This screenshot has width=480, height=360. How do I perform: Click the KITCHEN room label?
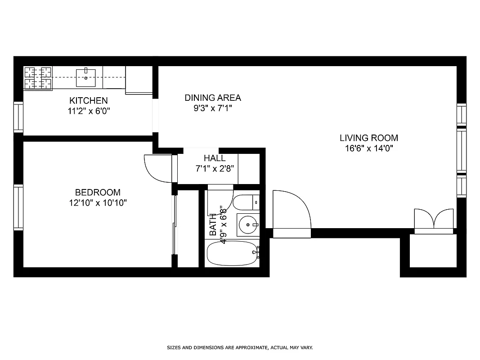88,100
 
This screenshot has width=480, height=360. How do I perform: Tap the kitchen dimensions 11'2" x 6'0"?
88,110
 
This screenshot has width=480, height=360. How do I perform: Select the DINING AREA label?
213,98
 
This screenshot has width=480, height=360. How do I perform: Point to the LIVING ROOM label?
368,138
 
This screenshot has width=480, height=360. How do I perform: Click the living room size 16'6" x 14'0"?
368,148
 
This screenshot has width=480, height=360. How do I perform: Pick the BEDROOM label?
98,193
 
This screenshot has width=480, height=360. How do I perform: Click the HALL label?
215,158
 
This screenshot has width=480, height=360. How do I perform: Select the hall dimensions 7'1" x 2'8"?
215,169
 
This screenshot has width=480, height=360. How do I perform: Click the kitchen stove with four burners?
38,77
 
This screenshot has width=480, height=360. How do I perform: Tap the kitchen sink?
85,77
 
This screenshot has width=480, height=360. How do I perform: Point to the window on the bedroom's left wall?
18,207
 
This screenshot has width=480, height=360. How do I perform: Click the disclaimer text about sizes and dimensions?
240,347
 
